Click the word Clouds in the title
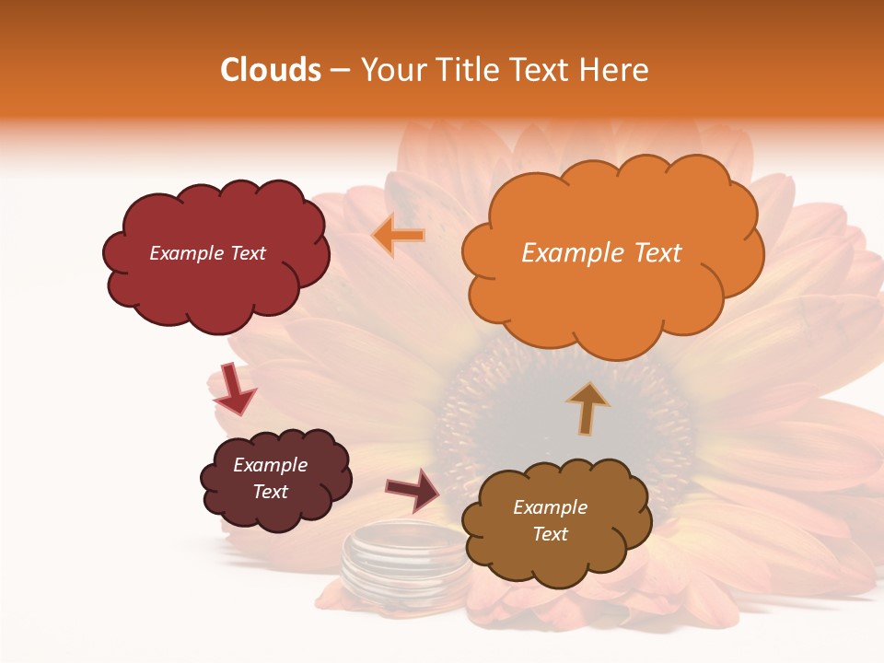[x=271, y=70]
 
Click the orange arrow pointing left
[x=399, y=235]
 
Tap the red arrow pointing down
[x=233, y=388]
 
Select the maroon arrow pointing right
[x=413, y=489]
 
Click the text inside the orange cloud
[x=601, y=252]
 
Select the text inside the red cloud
[x=207, y=252]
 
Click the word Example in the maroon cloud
[x=270, y=464]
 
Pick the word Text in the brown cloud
[x=550, y=534]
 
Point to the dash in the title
[x=340, y=71]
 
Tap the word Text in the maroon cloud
[x=270, y=492]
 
